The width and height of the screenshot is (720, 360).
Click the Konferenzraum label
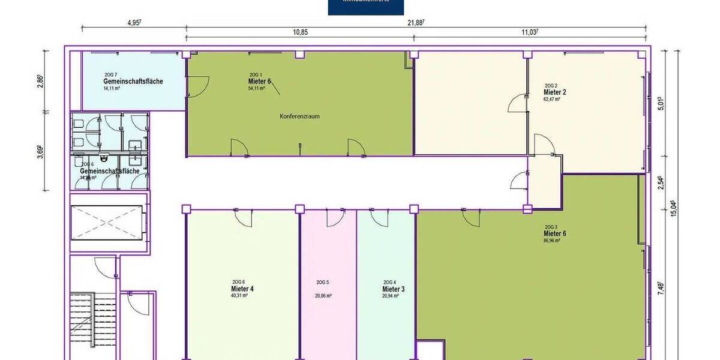pos(299,116)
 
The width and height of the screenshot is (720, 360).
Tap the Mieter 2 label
pos(555,92)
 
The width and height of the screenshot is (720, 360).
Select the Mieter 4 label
pos(242,289)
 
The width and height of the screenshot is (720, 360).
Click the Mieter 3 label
pos(393,289)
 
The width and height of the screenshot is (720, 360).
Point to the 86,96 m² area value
pos(552,241)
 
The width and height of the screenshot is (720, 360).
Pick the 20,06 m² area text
pos(324,296)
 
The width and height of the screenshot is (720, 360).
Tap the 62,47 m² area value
pos(553,100)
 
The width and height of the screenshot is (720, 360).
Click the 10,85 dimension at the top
pos(300,32)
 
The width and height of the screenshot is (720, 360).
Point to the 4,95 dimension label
pos(134,22)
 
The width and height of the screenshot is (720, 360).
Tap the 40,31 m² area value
pos(240,296)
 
